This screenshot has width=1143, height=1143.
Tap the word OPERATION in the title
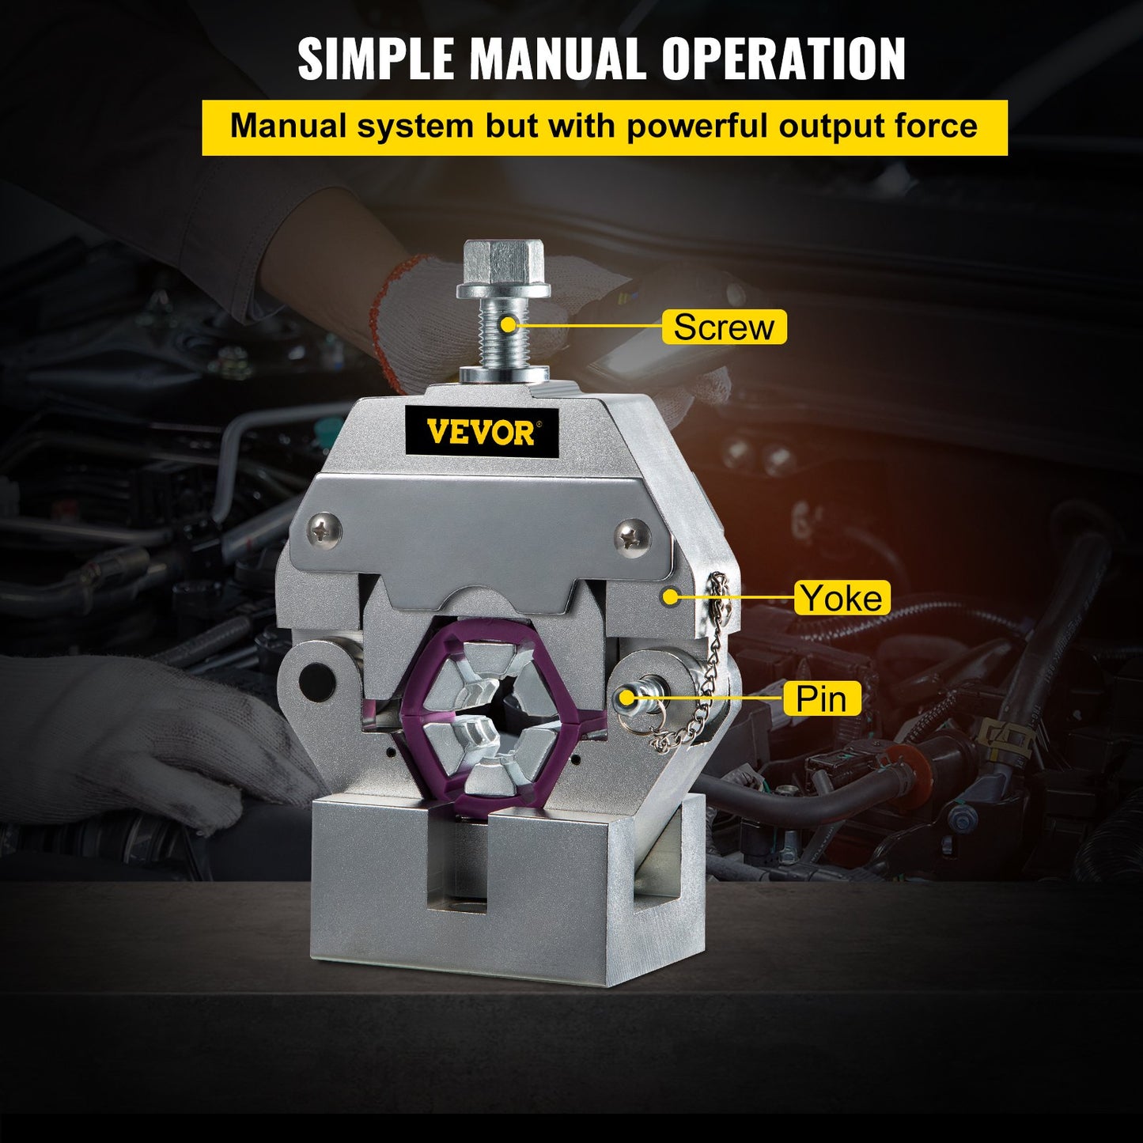(x=783, y=59)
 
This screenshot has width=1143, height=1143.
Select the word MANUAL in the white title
(x=564, y=59)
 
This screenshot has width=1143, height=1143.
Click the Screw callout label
(x=724, y=327)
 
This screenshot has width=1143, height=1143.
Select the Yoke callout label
(x=842, y=597)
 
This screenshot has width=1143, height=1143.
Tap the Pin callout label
(x=821, y=698)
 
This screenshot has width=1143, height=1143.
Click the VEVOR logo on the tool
(x=482, y=432)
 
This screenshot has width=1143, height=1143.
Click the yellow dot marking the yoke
(x=671, y=596)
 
